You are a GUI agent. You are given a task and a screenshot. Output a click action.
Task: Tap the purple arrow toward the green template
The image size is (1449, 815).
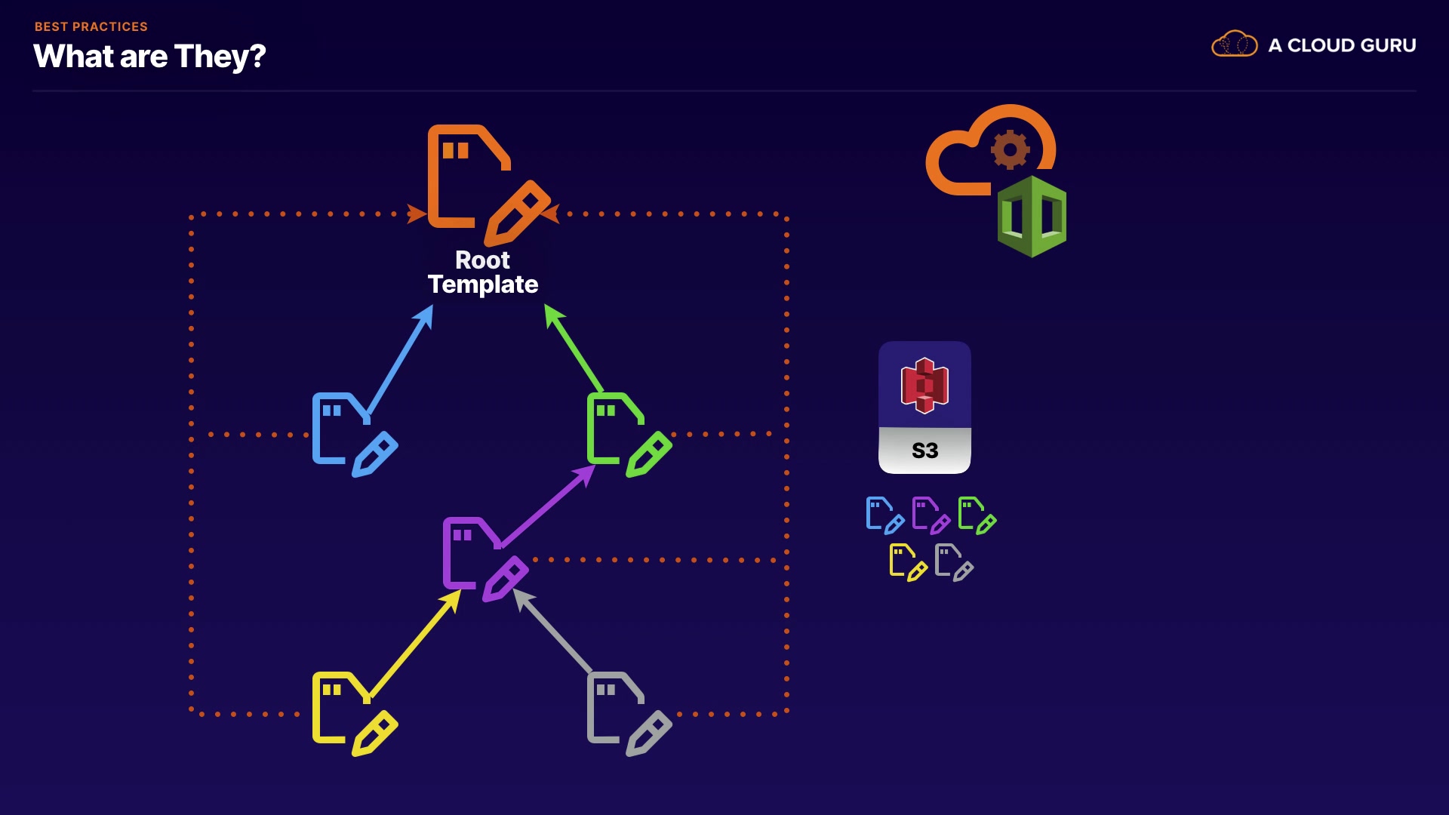click(x=547, y=506)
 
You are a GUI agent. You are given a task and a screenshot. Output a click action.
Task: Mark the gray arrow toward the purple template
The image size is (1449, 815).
click(x=555, y=631)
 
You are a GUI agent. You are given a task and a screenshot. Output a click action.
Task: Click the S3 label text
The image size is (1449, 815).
click(x=924, y=451)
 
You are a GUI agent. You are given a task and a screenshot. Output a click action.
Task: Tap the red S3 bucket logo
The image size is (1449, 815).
click(x=924, y=386)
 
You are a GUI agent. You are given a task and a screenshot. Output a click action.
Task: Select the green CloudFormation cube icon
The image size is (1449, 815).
click(x=1032, y=217)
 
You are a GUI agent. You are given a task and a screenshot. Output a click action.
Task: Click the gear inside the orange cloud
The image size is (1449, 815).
click(x=1010, y=149)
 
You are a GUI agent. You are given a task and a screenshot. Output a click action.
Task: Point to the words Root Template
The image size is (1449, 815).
click(x=483, y=272)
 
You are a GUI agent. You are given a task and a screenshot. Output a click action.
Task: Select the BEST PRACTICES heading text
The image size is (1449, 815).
click(x=91, y=26)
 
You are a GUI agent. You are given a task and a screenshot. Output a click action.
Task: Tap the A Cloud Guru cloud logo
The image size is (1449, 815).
click(x=1234, y=45)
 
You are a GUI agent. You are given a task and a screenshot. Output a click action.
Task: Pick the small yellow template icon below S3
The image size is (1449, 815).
click(x=908, y=562)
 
